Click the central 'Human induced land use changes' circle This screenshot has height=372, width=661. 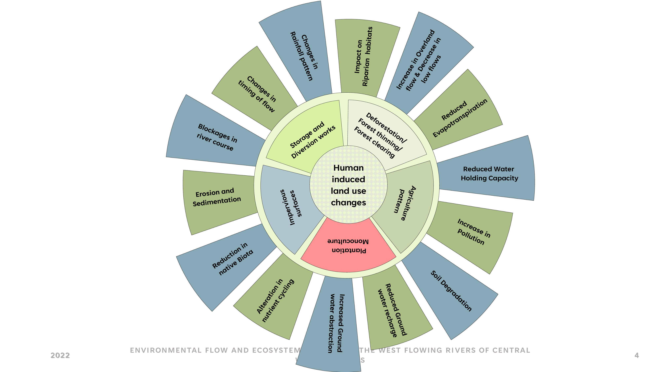point(348,185)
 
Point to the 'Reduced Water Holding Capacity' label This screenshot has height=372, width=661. point(489,174)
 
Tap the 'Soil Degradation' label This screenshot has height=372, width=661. point(451,291)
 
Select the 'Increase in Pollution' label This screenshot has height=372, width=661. point(473,232)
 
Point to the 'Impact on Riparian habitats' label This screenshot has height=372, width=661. point(363,57)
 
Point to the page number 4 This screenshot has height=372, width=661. point(636,355)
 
